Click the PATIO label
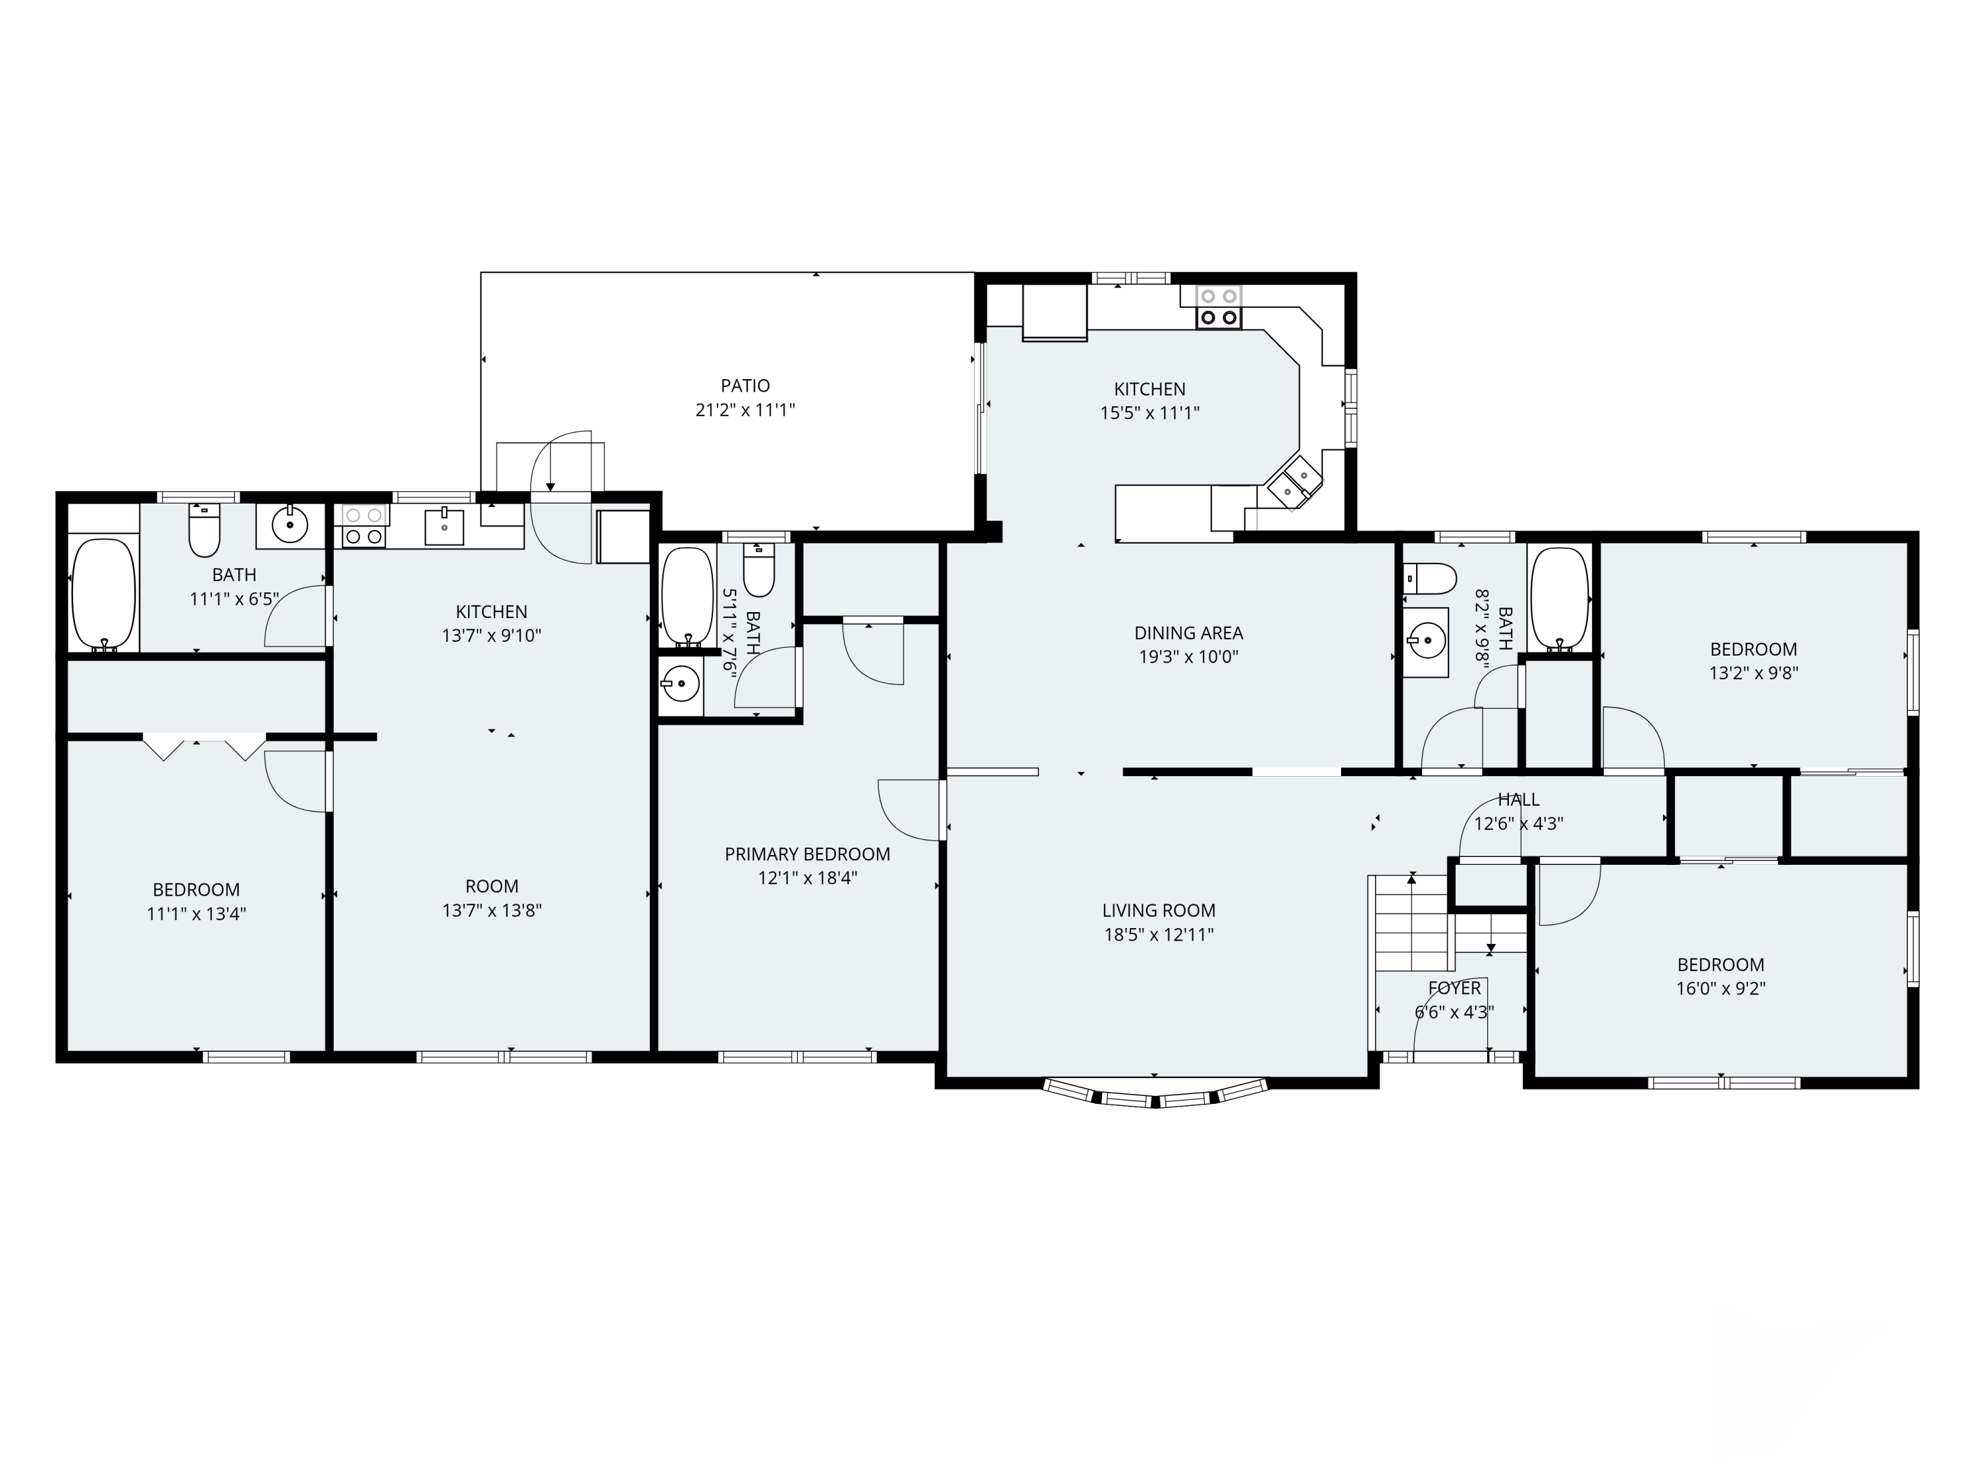745,386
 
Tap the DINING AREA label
1188,633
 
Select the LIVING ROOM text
1158,910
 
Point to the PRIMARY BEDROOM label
807,854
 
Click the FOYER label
1454,988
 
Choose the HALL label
1519,800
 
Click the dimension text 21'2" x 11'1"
745,411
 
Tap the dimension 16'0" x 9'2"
1720,988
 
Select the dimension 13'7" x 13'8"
492,910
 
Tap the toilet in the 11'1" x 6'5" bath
205,531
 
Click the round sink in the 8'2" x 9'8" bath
1426,640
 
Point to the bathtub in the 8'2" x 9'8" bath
1560,598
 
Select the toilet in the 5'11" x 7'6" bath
759,569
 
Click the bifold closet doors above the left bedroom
205,746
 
